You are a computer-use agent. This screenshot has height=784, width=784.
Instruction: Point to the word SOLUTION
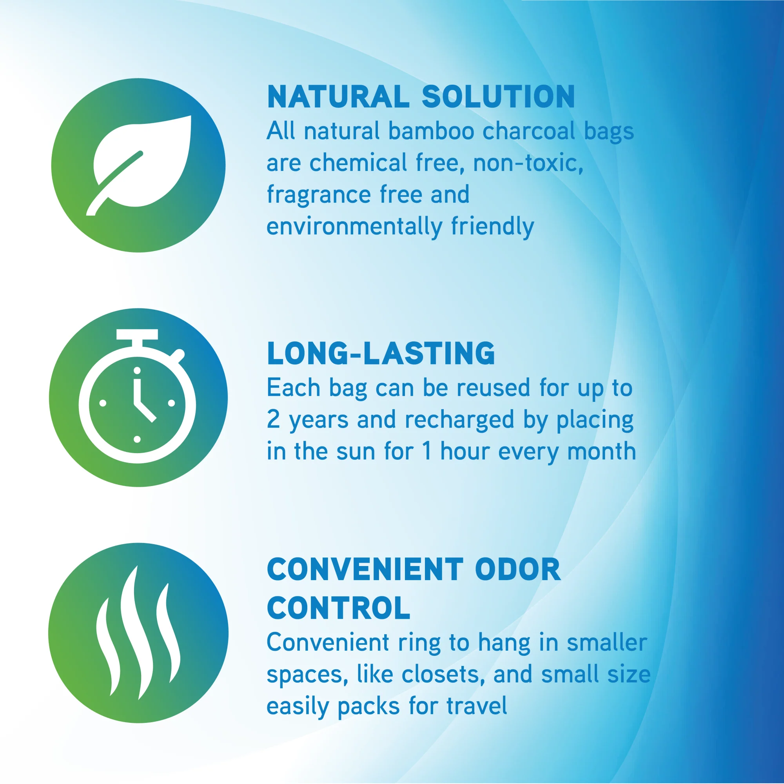(x=498, y=97)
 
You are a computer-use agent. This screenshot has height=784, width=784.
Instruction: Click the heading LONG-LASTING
(x=381, y=353)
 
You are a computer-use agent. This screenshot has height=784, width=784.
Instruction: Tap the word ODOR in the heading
(x=517, y=570)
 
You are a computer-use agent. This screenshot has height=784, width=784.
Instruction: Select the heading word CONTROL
(x=338, y=608)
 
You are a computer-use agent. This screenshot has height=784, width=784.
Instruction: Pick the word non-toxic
(x=528, y=163)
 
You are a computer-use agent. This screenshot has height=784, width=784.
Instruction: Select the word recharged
(x=459, y=420)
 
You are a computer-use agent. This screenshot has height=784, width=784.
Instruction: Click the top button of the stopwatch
(x=137, y=334)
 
